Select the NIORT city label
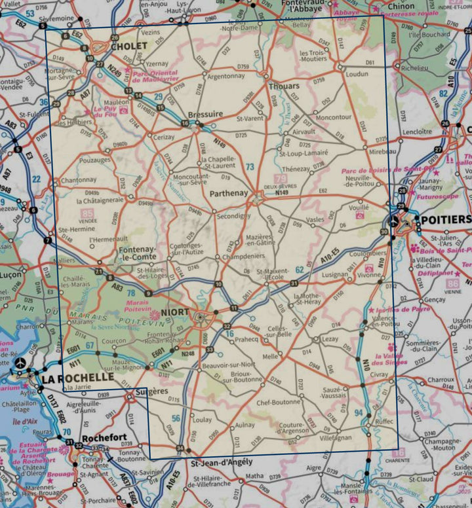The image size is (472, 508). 174,314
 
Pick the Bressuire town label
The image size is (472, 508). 205,114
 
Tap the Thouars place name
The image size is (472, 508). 284,86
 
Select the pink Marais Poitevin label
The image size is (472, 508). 137,306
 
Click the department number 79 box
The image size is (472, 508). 281,179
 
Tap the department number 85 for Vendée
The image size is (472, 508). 88,213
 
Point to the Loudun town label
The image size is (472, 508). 357,74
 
